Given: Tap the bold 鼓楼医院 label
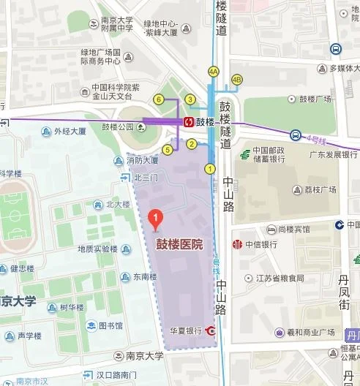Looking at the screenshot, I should (179, 245).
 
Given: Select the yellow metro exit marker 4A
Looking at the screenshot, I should (214, 72).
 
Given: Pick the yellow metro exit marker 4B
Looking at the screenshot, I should (236, 80).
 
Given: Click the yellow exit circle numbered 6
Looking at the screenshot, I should (157, 99).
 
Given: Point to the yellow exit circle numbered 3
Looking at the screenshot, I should (190, 99).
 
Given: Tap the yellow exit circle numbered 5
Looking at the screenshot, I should (168, 150).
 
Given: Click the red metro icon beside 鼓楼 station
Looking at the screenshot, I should (188, 121).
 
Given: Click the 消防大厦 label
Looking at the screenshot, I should (142, 160).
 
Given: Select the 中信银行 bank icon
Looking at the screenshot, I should (236, 244).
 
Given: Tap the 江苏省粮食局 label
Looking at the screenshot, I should (274, 278).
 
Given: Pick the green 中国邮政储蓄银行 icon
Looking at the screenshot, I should (247, 154).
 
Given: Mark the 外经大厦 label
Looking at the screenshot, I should (70, 132).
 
